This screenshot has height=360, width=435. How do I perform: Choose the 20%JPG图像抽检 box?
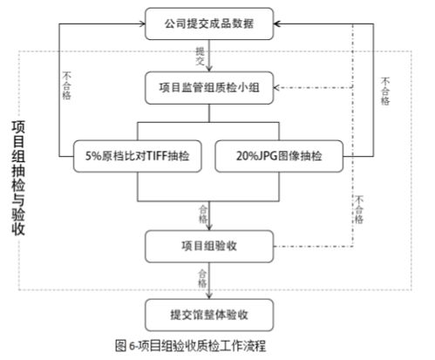coord(277,158)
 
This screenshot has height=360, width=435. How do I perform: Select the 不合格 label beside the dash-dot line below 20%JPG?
coord(358,210)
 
